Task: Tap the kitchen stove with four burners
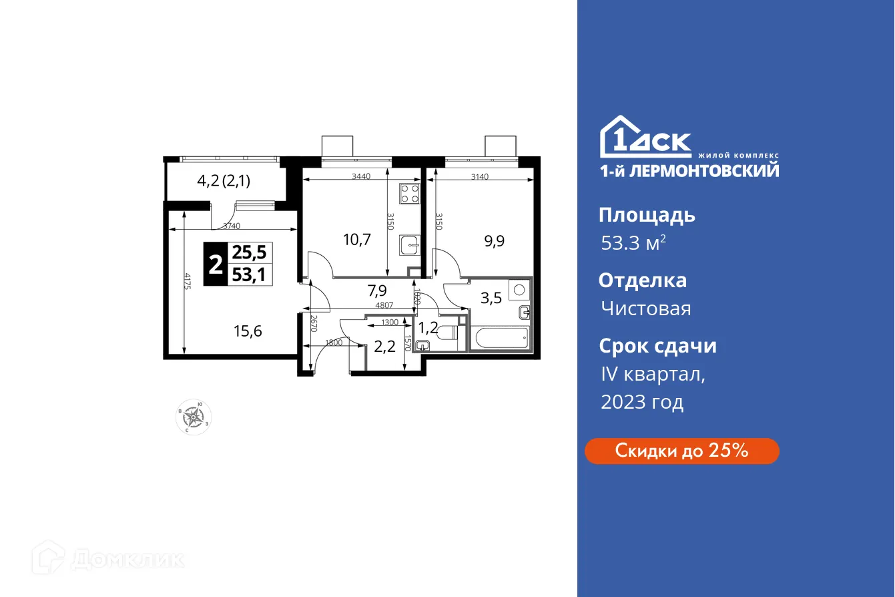pyautogui.click(x=409, y=194)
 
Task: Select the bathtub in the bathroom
pyautogui.click(x=501, y=338)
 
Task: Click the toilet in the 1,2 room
pyautogui.click(x=441, y=339)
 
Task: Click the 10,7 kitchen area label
pyautogui.click(x=355, y=238)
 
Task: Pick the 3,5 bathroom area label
pyautogui.click(x=492, y=298)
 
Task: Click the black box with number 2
pyautogui.click(x=215, y=264)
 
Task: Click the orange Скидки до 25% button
pyautogui.click(x=681, y=451)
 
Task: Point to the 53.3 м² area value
pyautogui.click(x=632, y=243)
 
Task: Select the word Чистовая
pyautogui.click(x=645, y=309)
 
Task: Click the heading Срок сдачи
pyautogui.click(x=657, y=346)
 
